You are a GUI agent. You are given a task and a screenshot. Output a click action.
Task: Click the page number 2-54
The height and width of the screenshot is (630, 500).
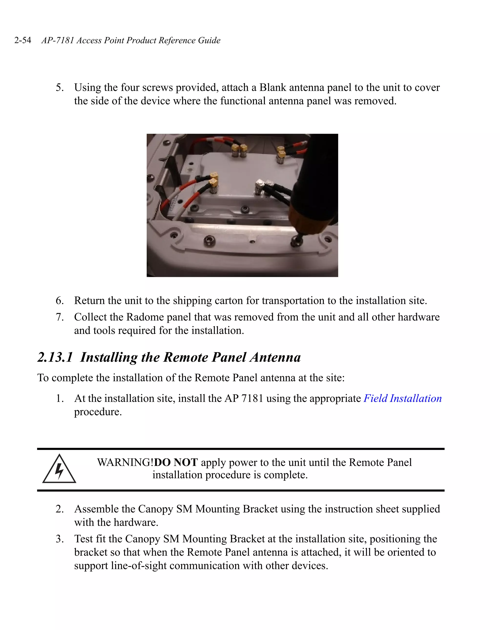coord(23,40)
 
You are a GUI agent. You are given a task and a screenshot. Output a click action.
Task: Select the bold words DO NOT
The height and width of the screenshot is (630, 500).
coord(176,463)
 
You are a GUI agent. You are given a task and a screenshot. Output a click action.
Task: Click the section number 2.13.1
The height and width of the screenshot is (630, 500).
coord(55,357)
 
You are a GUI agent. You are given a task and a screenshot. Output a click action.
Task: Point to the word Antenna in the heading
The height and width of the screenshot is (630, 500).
coord(275,357)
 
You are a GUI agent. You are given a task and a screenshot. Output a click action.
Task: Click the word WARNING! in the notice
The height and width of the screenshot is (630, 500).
coord(125,463)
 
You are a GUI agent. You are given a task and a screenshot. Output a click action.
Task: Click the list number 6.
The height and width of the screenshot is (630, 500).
coord(60,301)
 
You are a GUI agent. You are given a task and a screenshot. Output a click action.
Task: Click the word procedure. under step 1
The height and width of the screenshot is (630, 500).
coord(98,412)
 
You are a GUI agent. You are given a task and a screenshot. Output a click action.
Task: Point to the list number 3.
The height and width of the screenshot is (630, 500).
coord(60,539)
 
